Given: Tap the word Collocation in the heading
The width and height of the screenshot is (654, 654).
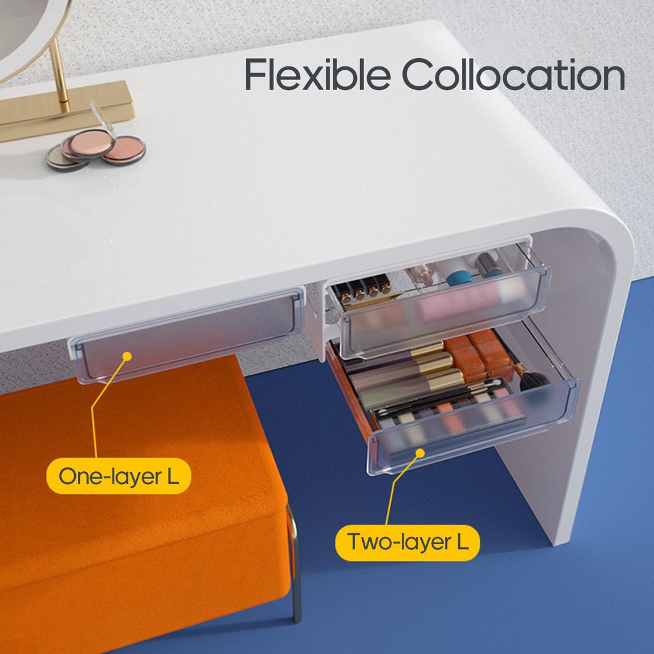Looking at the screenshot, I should (x=513, y=75).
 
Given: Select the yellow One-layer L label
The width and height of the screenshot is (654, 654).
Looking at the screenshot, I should (x=118, y=476).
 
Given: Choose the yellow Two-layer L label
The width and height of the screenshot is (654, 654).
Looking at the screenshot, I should (x=407, y=542).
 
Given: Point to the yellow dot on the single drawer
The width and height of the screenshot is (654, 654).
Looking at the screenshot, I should (x=127, y=355).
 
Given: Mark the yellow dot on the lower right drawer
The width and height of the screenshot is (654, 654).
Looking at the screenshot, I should (x=420, y=453).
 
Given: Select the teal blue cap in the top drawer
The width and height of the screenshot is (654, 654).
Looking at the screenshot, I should (x=459, y=277).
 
